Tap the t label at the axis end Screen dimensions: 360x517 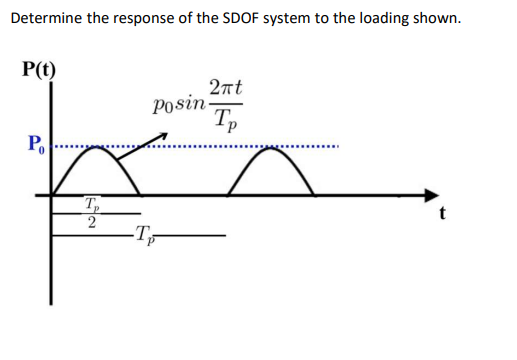click(440, 212)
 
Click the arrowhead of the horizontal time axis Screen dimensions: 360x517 click(432, 194)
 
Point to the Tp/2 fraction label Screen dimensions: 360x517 click(93, 215)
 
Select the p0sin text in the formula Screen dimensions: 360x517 click(177, 103)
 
